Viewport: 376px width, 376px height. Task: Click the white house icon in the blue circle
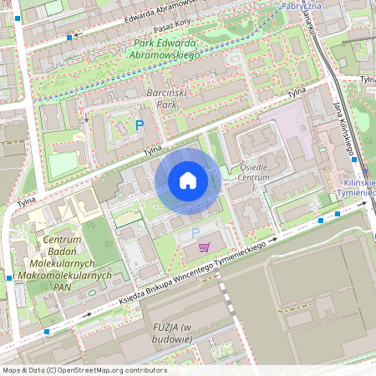[x=188, y=180]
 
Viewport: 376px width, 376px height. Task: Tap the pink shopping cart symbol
[x=205, y=248]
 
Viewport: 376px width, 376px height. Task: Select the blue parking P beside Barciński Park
[x=140, y=125]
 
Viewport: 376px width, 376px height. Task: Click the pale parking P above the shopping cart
[x=196, y=233]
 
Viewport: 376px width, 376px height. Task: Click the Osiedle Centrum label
[x=253, y=172]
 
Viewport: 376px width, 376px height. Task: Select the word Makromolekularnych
[x=63, y=274]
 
